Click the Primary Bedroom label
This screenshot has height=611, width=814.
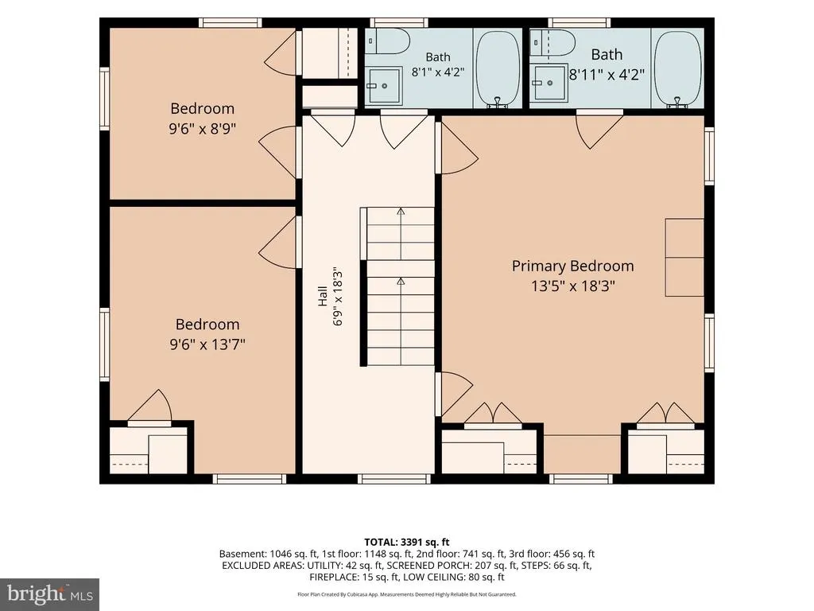click(572, 266)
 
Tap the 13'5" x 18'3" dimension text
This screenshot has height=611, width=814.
click(572, 286)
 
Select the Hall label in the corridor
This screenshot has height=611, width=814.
click(323, 295)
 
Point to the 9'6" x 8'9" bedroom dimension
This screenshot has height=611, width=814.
click(202, 128)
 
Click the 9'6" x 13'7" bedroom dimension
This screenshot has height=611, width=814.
click(207, 344)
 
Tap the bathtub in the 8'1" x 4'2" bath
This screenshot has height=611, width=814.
click(498, 69)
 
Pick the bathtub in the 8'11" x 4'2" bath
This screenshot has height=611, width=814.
click(677, 69)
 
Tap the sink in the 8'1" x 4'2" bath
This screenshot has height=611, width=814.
click(384, 85)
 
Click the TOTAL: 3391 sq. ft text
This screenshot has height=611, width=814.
click(406, 543)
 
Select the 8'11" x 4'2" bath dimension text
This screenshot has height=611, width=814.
click(607, 75)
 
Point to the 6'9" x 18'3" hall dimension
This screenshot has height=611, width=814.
click(338, 296)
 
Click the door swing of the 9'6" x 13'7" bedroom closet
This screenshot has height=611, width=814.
click(150, 406)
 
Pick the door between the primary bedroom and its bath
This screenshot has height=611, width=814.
click(599, 130)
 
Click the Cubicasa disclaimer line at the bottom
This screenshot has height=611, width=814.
click(406, 594)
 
